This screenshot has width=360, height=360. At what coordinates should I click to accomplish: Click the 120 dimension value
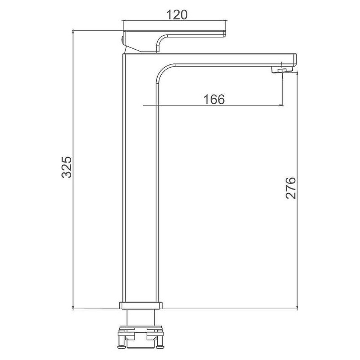point(176,15)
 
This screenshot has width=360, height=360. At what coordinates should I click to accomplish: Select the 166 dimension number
point(214,99)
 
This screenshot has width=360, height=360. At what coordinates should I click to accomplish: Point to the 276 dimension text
point(291,188)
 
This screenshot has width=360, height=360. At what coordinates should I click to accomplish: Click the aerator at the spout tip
point(282,70)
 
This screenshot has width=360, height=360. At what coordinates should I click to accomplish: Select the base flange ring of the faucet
point(140,305)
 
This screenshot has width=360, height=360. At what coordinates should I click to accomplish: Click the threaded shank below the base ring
point(140,317)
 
